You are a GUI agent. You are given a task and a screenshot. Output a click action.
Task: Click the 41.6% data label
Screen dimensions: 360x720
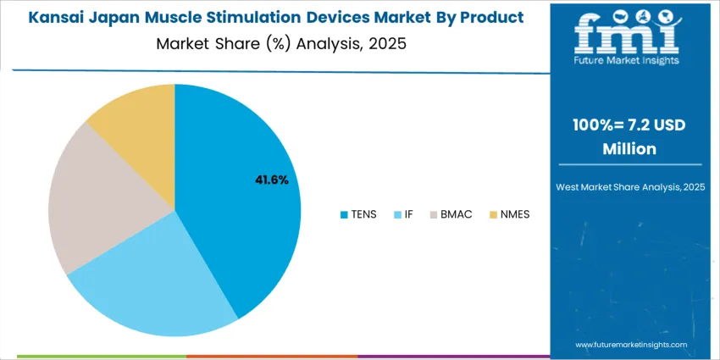pyautogui.click(x=272, y=180)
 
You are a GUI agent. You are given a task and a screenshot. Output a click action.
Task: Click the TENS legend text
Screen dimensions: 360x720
pyautogui.click(x=364, y=214)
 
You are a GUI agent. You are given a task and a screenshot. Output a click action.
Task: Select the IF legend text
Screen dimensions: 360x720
pyautogui.click(x=408, y=214)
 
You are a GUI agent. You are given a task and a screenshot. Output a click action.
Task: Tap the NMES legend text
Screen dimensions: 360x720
pyautogui.click(x=514, y=214)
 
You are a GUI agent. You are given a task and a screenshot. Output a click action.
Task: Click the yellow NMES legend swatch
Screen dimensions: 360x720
pyautogui.click(x=493, y=214)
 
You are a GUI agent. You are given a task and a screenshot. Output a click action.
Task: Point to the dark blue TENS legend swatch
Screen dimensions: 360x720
pyautogui.click(x=343, y=214)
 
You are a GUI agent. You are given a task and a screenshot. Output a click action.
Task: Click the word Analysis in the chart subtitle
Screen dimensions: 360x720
pyautogui.click(x=328, y=42)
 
